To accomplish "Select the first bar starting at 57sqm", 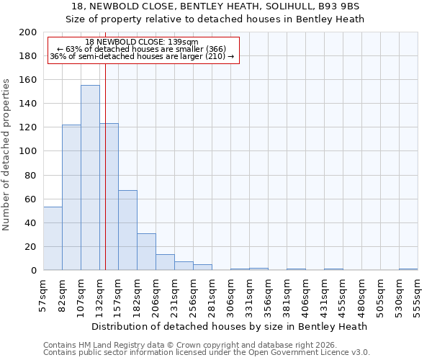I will pos(53,238).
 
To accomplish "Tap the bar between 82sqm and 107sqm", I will pos(71,197).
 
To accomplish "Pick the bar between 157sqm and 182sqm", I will pos(127,230).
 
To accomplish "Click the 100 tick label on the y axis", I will pos(29,151).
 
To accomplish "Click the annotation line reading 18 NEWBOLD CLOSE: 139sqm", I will pos(141,42).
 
